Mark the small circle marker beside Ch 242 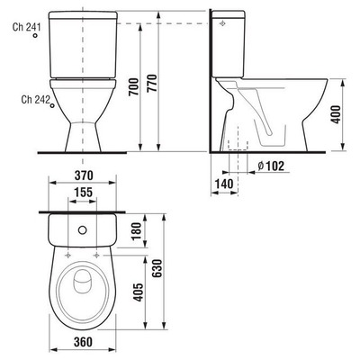52,105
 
